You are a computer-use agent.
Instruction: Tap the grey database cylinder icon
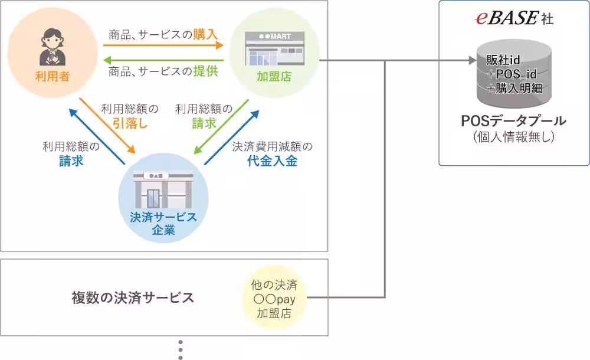tap(513, 74)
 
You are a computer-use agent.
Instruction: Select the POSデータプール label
tap(513, 122)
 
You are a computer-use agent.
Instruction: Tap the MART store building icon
tap(275, 48)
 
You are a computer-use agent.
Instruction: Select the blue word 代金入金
tap(273, 161)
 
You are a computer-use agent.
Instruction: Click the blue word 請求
tap(71, 161)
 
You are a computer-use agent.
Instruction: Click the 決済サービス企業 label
tap(163, 224)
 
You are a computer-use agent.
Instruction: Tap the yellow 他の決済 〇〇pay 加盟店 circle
tap(274, 299)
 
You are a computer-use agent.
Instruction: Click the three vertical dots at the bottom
tap(181, 349)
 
